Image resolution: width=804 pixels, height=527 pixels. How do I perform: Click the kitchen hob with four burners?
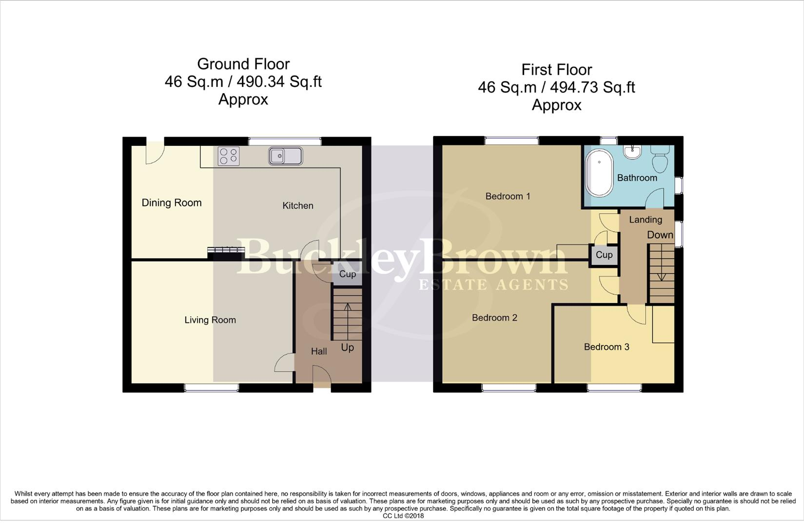(x=229, y=156)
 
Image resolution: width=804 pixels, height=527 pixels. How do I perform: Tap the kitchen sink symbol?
(x=285, y=156)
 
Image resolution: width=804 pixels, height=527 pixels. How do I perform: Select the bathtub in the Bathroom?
(x=599, y=173)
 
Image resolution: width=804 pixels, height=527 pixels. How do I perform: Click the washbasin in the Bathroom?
(x=633, y=152)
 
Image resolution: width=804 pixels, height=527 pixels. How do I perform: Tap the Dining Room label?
(x=172, y=203)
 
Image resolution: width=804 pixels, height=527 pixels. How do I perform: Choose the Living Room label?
(x=210, y=320)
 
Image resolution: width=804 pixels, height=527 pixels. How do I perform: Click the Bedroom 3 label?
(x=607, y=346)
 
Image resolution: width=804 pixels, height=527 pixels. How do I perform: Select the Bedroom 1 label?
(x=508, y=196)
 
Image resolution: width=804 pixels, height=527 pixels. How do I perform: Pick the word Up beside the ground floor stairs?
(x=348, y=348)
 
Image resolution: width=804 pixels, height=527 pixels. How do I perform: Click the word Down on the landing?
(x=660, y=235)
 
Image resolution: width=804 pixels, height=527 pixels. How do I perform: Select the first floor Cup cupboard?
(x=604, y=255)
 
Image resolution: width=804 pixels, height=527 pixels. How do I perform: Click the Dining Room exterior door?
(x=155, y=153)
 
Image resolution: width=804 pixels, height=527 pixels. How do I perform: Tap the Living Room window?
(x=212, y=387)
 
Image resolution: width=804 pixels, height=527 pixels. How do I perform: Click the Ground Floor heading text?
(x=243, y=64)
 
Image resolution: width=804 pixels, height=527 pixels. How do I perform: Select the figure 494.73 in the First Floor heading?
(x=574, y=87)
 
